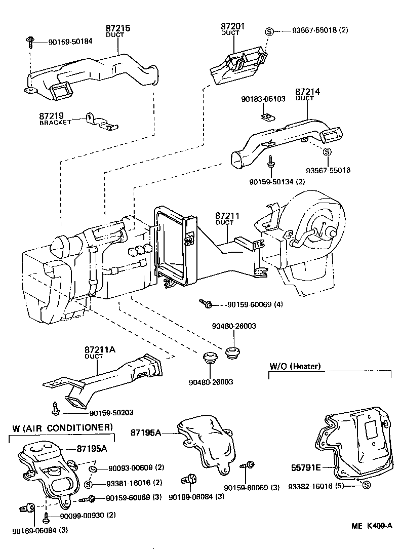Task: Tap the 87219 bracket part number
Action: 52,116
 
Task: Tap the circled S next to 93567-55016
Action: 327,151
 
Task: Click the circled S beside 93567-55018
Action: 269,31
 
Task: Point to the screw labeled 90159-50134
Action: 272,161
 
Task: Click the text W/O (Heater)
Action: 295,366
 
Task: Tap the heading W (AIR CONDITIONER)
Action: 62,428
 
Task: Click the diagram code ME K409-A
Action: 372,526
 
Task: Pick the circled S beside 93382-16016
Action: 366,485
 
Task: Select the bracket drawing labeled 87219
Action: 101,122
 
